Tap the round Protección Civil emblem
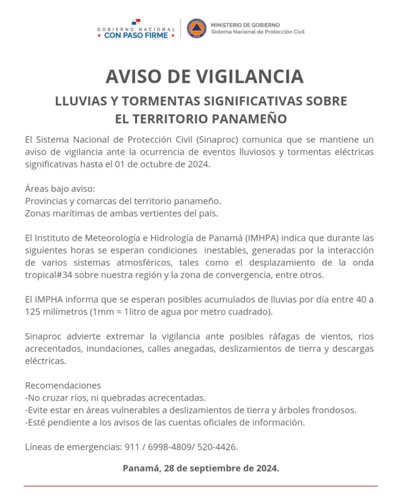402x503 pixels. pyautogui.click(x=197, y=28)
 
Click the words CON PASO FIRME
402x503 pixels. pyautogui.click(x=136, y=36)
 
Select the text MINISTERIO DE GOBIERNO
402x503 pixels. pyautogui.click(x=237, y=25)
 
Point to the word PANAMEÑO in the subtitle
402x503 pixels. pyautogui.click(x=246, y=118)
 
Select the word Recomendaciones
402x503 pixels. pyautogui.click(x=63, y=385)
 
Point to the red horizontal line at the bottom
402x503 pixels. pyautogui.click(x=201, y=485)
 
